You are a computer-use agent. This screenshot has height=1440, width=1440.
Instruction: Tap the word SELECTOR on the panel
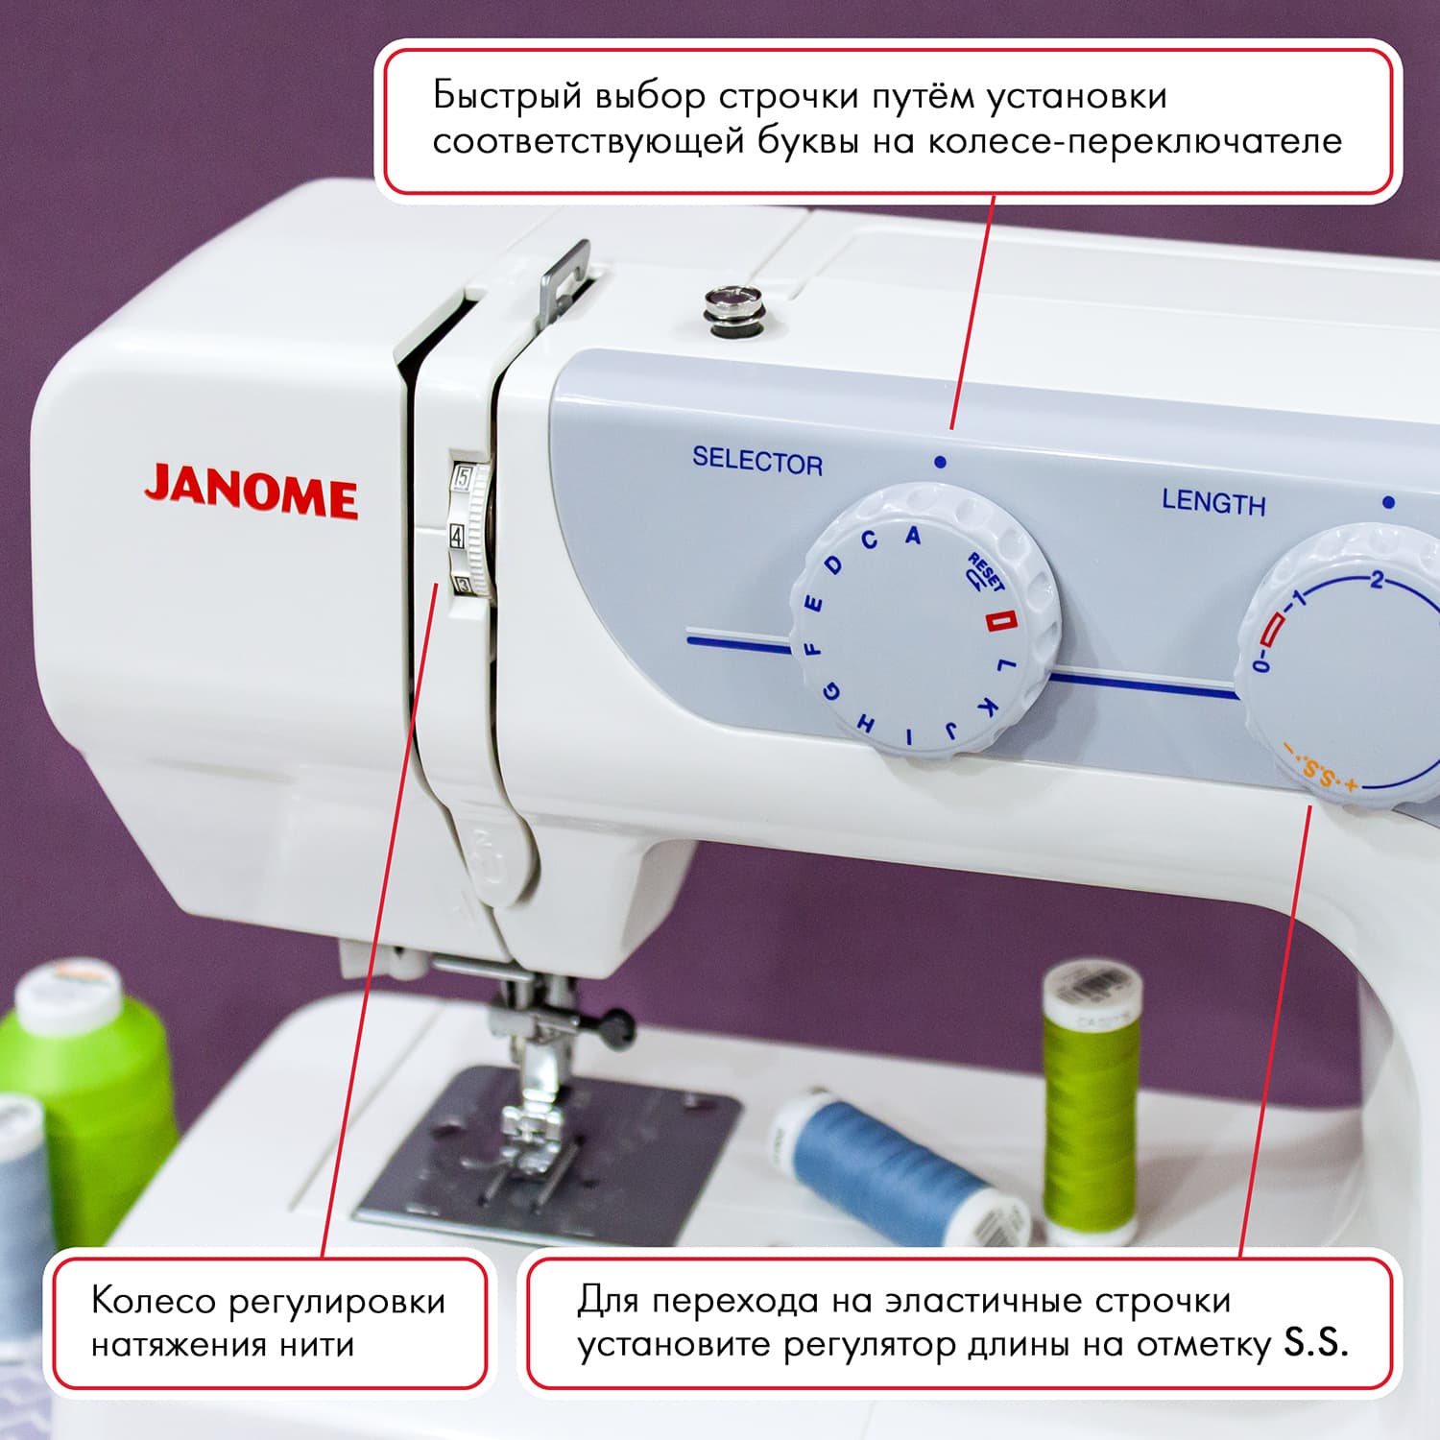[757, 462]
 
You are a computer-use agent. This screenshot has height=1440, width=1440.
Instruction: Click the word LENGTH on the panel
[1213, 502]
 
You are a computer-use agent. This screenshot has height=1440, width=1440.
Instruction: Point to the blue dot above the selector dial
[940, 462]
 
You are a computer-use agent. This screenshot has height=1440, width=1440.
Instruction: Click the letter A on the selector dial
[913, 536]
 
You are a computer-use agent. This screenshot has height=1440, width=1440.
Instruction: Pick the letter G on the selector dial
[833, 691]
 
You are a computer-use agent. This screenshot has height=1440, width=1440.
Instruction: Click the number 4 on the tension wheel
[457, 536]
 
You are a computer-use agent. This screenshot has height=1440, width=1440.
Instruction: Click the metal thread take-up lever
[564, 278]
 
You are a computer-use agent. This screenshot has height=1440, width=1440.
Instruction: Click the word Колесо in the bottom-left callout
[153, 1302]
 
